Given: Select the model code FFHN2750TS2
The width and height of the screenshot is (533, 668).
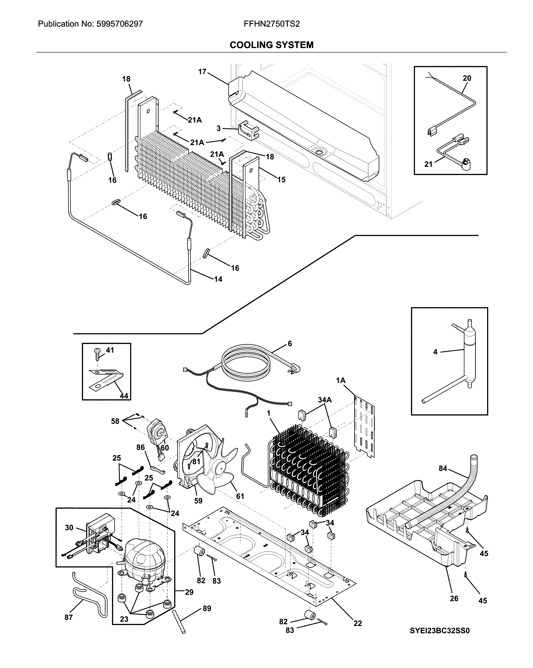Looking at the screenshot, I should point(272,24).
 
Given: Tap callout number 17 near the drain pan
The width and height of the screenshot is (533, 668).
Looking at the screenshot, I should point(202,72).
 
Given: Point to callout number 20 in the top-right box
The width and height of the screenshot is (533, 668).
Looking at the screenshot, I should point(467,78).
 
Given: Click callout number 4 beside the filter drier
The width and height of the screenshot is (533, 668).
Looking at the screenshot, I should point(435,352).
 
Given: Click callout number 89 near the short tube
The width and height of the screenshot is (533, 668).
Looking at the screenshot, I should point(207,609).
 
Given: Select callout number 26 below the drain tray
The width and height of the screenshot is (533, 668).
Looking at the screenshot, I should point(454,599).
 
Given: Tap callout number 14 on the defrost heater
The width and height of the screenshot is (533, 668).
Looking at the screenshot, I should point(218,279).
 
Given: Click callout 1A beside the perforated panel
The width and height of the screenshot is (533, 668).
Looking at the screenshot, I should point(340,380).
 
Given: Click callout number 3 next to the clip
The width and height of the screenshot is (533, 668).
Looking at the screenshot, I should point(219,128).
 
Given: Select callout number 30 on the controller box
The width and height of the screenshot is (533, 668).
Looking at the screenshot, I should point(69,528).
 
